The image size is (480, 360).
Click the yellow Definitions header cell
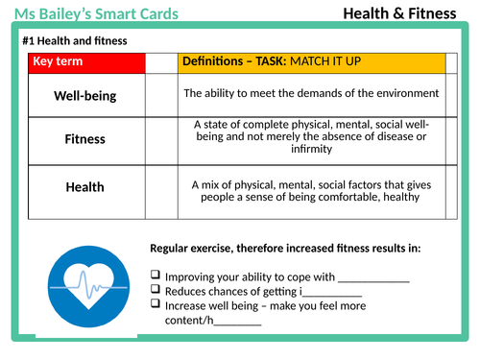click(312, 62)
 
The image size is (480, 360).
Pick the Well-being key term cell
click(84, 95)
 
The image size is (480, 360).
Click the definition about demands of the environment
click(311, 93)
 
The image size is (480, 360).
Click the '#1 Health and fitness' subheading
click(74, 41)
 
